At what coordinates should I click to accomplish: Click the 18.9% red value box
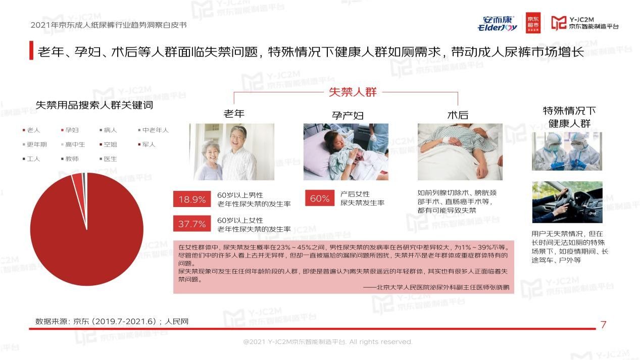192,199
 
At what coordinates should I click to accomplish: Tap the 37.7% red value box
192,224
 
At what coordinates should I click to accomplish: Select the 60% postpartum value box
320,198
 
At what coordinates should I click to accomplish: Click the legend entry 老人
31,130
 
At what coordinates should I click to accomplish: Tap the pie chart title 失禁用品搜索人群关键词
94,106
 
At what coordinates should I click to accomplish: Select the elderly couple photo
231,152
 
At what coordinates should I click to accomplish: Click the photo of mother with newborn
346,152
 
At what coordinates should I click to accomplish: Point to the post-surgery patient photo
460,152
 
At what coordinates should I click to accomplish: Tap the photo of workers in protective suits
567,151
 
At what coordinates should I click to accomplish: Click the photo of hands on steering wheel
567,202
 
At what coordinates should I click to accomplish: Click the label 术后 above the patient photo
458,115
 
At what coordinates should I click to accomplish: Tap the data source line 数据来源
112,321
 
